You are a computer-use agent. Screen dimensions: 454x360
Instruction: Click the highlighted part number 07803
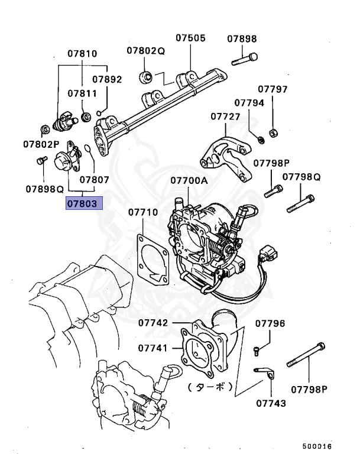[85, 204]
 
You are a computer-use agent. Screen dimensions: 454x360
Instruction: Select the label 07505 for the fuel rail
[190, 38]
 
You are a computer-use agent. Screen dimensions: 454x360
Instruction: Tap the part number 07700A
[189, 180]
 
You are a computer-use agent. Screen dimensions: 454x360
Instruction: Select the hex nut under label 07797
[273, 131]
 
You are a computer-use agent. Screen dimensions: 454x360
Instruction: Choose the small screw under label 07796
[257, 351]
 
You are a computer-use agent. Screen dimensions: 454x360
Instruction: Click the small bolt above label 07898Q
[41, 160]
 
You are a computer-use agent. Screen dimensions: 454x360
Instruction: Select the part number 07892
[107, 79]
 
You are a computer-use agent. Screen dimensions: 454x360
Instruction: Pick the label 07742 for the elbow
[153, 323]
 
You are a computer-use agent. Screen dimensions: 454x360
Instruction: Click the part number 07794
[249, 102]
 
